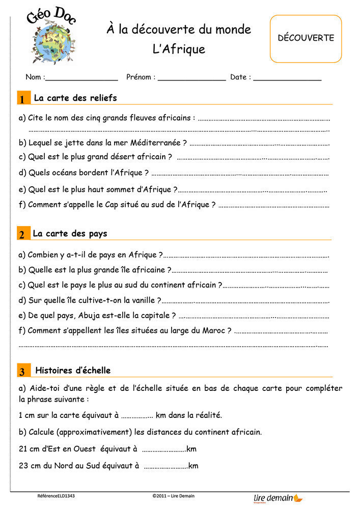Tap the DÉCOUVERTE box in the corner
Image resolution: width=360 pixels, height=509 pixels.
click(306, 38)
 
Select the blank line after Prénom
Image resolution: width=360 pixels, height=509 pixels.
click(191, 78)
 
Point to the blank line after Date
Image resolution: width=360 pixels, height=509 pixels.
click(287, 78)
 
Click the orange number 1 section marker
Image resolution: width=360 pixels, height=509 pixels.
click(23, 99)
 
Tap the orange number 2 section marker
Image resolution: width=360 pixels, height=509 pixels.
click(23, 234)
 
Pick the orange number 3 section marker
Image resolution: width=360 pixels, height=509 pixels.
click(23, 371)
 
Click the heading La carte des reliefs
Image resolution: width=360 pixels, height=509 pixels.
click(75, 98)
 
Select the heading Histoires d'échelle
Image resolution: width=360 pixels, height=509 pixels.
click(73, 370)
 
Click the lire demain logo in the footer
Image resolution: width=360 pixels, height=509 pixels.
click(278, 498)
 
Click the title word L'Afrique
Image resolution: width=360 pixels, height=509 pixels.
click(179, 49)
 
